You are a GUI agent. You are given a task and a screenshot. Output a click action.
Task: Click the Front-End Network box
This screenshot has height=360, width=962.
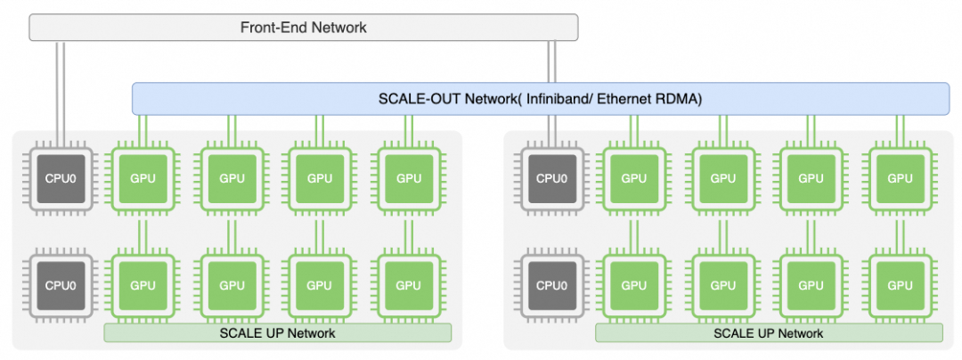304,28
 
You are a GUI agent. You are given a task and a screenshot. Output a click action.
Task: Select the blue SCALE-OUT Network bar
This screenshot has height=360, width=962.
541,98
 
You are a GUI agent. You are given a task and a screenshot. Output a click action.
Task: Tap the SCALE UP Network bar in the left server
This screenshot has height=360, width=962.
277,333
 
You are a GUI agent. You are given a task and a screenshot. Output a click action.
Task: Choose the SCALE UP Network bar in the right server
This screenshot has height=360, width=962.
768,333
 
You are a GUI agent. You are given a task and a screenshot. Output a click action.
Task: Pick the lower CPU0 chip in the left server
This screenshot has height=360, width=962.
60,285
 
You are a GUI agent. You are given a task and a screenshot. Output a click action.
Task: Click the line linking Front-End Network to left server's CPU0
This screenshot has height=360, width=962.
60,89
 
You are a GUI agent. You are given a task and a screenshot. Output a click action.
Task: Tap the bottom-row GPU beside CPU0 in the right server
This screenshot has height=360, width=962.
634,285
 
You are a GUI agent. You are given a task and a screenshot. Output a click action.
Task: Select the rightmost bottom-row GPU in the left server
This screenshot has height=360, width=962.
408,285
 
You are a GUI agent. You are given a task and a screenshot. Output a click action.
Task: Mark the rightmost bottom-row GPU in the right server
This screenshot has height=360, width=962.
900,285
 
